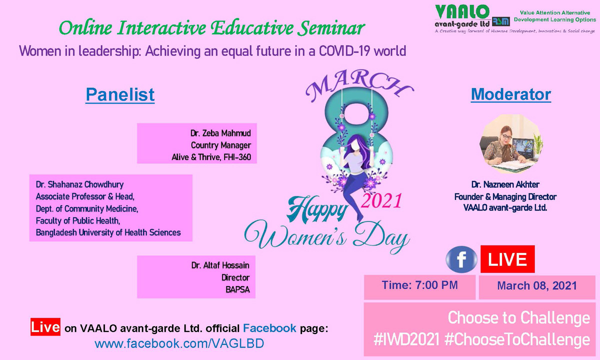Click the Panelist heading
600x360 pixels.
point(120,94)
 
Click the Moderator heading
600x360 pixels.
point(511,94)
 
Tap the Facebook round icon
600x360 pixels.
point(461,259)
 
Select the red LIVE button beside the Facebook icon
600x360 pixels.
point(507,259)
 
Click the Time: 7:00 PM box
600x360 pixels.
point(419,287)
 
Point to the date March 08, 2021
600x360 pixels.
point(537,286)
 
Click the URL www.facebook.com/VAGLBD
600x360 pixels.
point(179,343)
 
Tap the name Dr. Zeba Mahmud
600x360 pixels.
point(220,133)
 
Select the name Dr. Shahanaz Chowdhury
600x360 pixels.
point(79,184)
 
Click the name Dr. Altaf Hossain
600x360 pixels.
point(220,265)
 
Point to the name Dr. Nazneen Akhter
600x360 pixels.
point(505,184)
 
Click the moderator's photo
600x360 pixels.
point(511,143)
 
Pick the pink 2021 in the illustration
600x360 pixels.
point(381,200)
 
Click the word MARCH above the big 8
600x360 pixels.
point(359,84)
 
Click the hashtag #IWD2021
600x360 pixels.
point(406,339)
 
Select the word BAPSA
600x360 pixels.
point(237,289)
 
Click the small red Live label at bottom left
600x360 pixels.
point(45,327)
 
